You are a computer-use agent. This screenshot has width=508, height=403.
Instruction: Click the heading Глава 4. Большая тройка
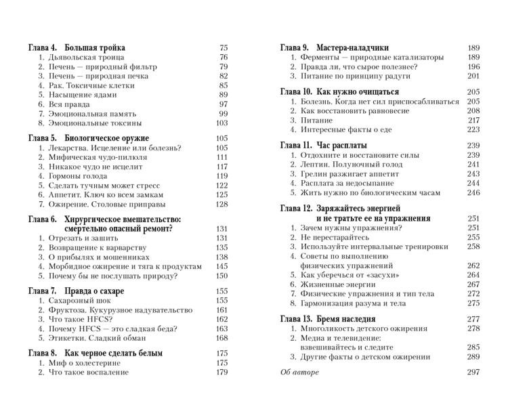pyautogui.click(x=77, y=48)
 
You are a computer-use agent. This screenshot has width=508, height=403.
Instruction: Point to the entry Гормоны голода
pyautogui.click(x=77, y=175)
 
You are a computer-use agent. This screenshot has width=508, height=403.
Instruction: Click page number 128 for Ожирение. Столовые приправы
pyautogui.click(x=221, y=204)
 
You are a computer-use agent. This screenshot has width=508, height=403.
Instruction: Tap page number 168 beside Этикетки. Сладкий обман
pyautogui.click(x=221, y=337)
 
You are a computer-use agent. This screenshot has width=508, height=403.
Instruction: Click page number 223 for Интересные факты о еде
pyautogui.click(x=473, y=129)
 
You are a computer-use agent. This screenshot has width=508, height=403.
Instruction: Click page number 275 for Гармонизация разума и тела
pyautogui.click(x=473, y=303)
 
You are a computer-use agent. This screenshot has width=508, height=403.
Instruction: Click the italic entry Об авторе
pyautogui.click(x=299, y=372)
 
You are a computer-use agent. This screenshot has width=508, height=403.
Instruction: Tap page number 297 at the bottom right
pyautogui.click(x=473, y=372)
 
